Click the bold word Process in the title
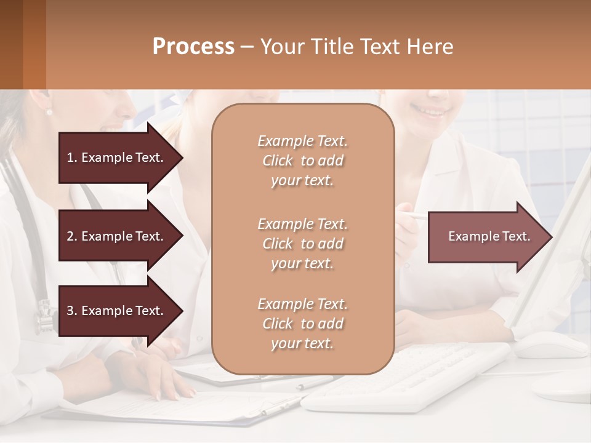tap(193, 47)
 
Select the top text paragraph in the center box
tap(302, 161)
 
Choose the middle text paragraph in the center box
tap(302, 243)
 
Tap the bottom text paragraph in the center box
tap(302, 324)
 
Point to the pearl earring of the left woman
tap(49, 112)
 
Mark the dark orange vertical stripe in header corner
tap(34, 44)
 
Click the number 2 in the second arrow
tap(70, 236)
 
